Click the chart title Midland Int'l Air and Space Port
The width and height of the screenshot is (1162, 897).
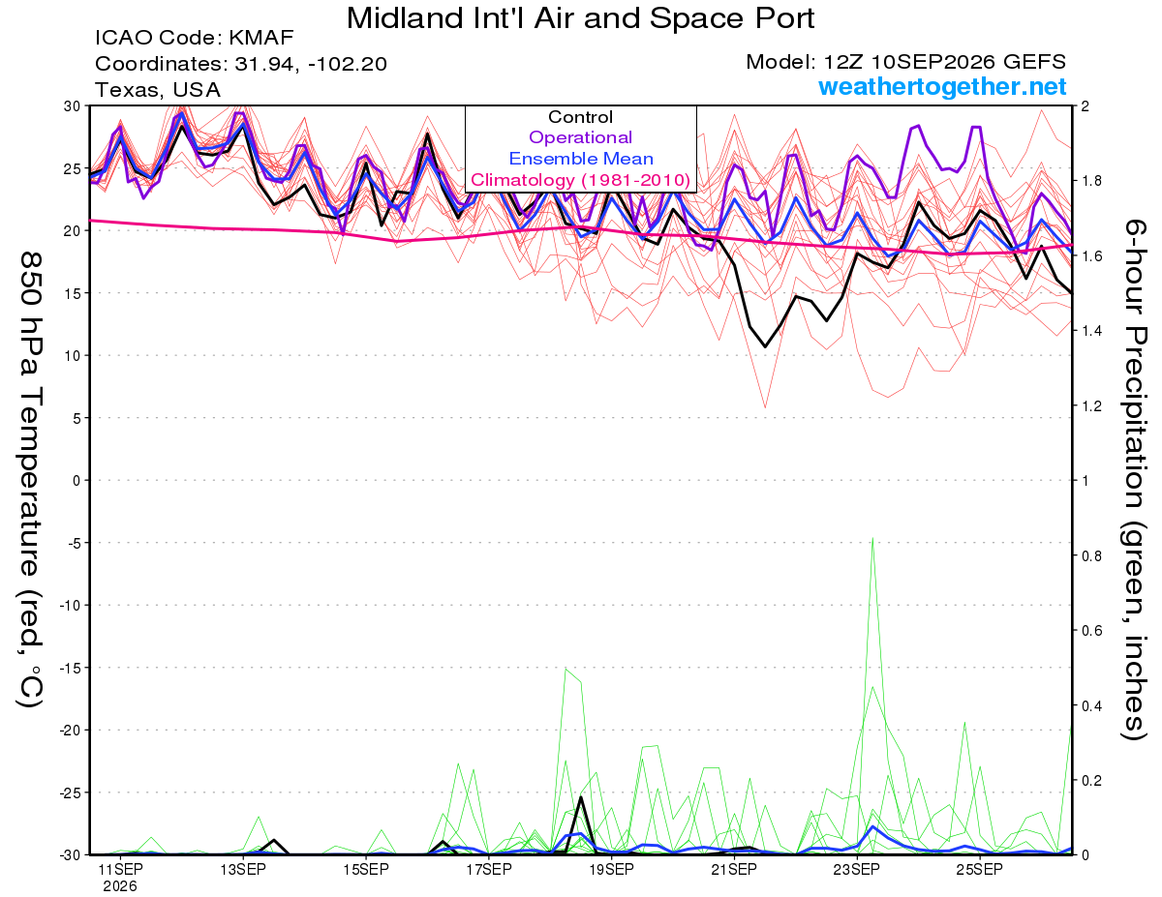[x=580, y=18]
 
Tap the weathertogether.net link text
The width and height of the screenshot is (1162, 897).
[x=942, y=86]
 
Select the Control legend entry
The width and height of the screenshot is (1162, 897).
[x=580, y=117]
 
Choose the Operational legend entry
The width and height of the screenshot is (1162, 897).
[x=580, y=137]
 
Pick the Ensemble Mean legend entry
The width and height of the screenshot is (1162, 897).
[x=581, y=159]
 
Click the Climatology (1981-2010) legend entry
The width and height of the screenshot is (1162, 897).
[x=580, y=180]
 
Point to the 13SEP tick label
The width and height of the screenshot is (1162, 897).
[x=243, y=869]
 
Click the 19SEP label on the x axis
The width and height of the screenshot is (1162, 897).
[x=611, y=869]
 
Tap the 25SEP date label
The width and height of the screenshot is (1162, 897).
[x=980, y=869]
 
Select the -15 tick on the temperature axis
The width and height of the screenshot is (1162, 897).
[x=70, y=668]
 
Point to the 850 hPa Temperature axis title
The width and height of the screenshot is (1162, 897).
[x=30, y=480]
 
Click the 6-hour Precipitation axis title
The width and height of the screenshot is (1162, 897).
[x=1134, y=479]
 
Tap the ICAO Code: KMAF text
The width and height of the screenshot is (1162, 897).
[x=194, y=38]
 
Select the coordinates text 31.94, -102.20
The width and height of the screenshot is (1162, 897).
[x=311, y=64]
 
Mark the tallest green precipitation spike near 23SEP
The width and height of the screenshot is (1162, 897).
[x=872, y=539]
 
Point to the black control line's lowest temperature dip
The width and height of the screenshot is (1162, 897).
[x=765, y=346]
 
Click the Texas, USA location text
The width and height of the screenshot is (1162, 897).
[x=158, y=90]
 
